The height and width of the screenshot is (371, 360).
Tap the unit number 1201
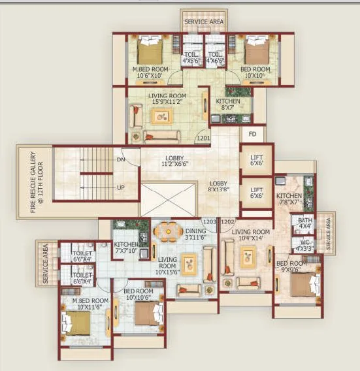204,138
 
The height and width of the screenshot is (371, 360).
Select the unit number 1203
209,222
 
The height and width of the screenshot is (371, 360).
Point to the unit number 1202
227,222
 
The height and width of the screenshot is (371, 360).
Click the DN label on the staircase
120,159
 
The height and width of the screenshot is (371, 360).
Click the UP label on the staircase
120,187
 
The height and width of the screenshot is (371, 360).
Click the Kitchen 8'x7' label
228,105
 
